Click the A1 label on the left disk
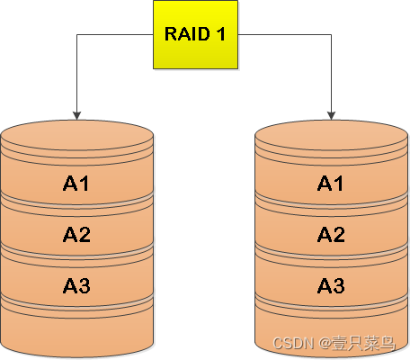coord(77,184)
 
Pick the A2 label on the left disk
coord(77,235)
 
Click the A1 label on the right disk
coord(332,184)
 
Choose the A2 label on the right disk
coord(332,235)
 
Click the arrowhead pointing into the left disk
coord(77,115)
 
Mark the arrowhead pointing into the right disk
coord(332,115)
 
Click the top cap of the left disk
coord(77,135)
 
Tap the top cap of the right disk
coord(332,135)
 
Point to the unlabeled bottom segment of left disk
coord(77,328)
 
